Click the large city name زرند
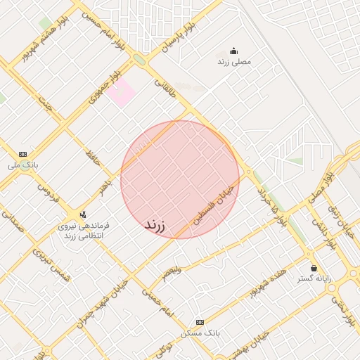click(155, 225)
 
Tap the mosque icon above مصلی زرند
click(233, 51)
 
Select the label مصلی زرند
click(233, 62)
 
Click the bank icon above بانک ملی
click(23, 153)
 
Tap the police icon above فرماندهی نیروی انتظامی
click(84, 214)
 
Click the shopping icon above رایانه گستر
click(314, 268)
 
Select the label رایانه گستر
click(314, 279)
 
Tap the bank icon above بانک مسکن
click(199, 321)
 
